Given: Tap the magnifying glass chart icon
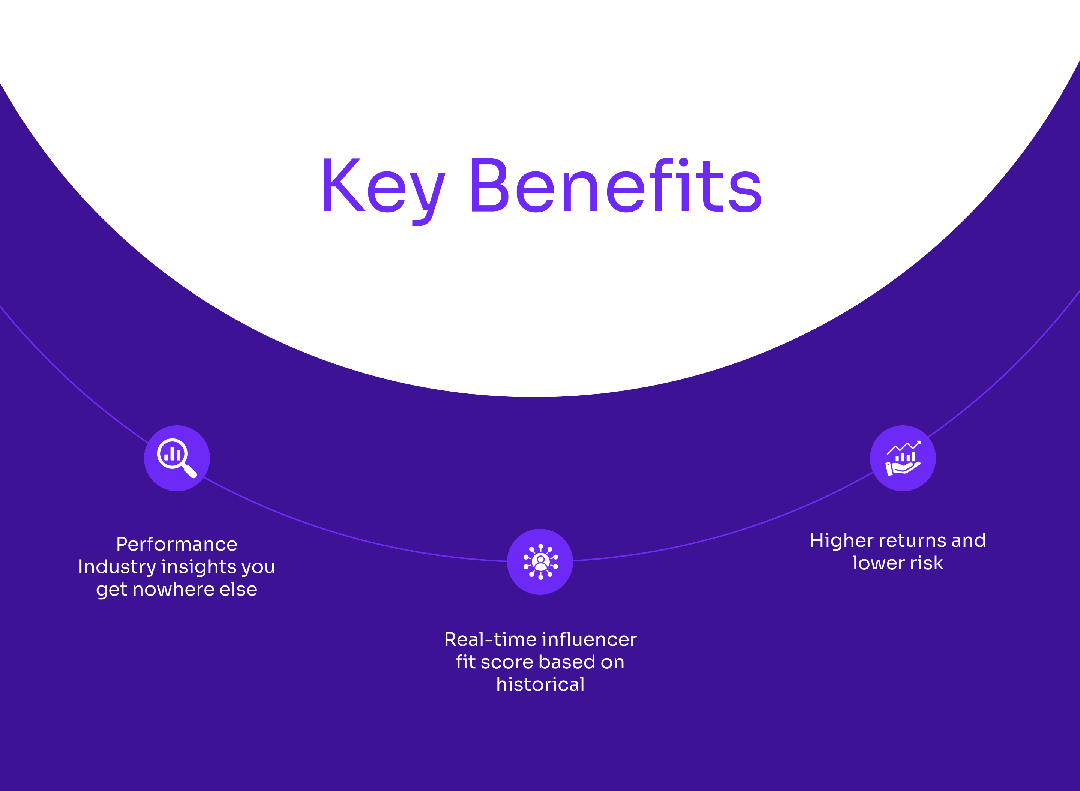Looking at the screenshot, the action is pos(177,458).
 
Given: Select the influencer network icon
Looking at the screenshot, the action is pos(540,561).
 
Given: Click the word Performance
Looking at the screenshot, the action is pos(177,545).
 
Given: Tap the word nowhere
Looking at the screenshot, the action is pos(173,590).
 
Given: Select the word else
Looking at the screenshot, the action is pos(238,590).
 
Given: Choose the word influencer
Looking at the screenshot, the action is pos(589,640).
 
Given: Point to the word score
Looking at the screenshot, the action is pos(507,662).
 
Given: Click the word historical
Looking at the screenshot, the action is pos(540,685).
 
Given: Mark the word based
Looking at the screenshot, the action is pos(566,662).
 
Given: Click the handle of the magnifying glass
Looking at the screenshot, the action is pos(190,471).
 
